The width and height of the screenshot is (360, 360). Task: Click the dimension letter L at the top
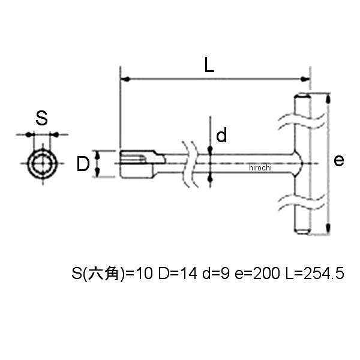tap(209, 65)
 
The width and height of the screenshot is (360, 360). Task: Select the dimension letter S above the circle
tap(41, 118)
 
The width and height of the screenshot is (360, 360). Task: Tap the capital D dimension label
tap(83, 164)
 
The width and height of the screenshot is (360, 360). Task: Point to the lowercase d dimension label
tap(221, 135)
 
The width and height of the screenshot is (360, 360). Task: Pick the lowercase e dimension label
tap(339, 160)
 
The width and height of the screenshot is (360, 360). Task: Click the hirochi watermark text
tap(260, 167)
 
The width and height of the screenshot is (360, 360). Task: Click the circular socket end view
tap(43, 164)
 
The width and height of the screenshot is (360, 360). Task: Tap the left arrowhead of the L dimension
tap(125, 79)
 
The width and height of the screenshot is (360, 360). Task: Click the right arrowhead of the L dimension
tap(305, 79)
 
